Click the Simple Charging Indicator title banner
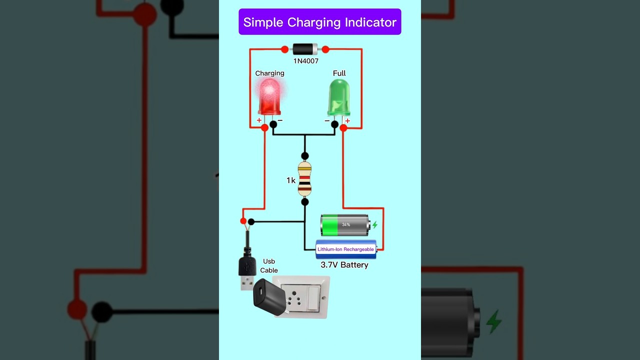(319, 22)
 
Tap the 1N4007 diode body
(304, 49)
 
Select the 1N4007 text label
(305, 61)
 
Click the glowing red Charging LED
(269, 97)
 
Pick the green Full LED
(339, 97)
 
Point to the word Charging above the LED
(269, 73)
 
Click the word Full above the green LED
(339, 73)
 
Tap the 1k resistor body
(304, 178)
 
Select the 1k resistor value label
(290, 180)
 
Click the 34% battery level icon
(344, 225)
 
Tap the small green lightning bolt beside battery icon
(374, 225)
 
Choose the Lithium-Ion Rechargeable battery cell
(345, 249)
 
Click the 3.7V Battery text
(344, 265)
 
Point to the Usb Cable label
(268, 266)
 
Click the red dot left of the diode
(284, 49)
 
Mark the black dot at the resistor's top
(304, 156)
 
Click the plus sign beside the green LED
(347, 120)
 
